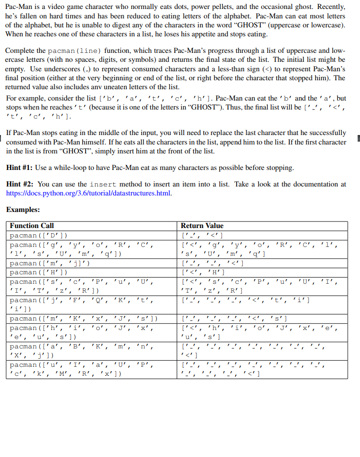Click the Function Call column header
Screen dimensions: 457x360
point(32,226)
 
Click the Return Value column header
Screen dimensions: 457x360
point(202,226)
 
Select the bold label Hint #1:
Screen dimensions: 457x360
point(20,168)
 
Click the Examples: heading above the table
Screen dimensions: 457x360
point(23,209)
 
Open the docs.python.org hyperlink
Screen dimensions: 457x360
point(89,193)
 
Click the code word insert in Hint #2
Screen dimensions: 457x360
point(103,185)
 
